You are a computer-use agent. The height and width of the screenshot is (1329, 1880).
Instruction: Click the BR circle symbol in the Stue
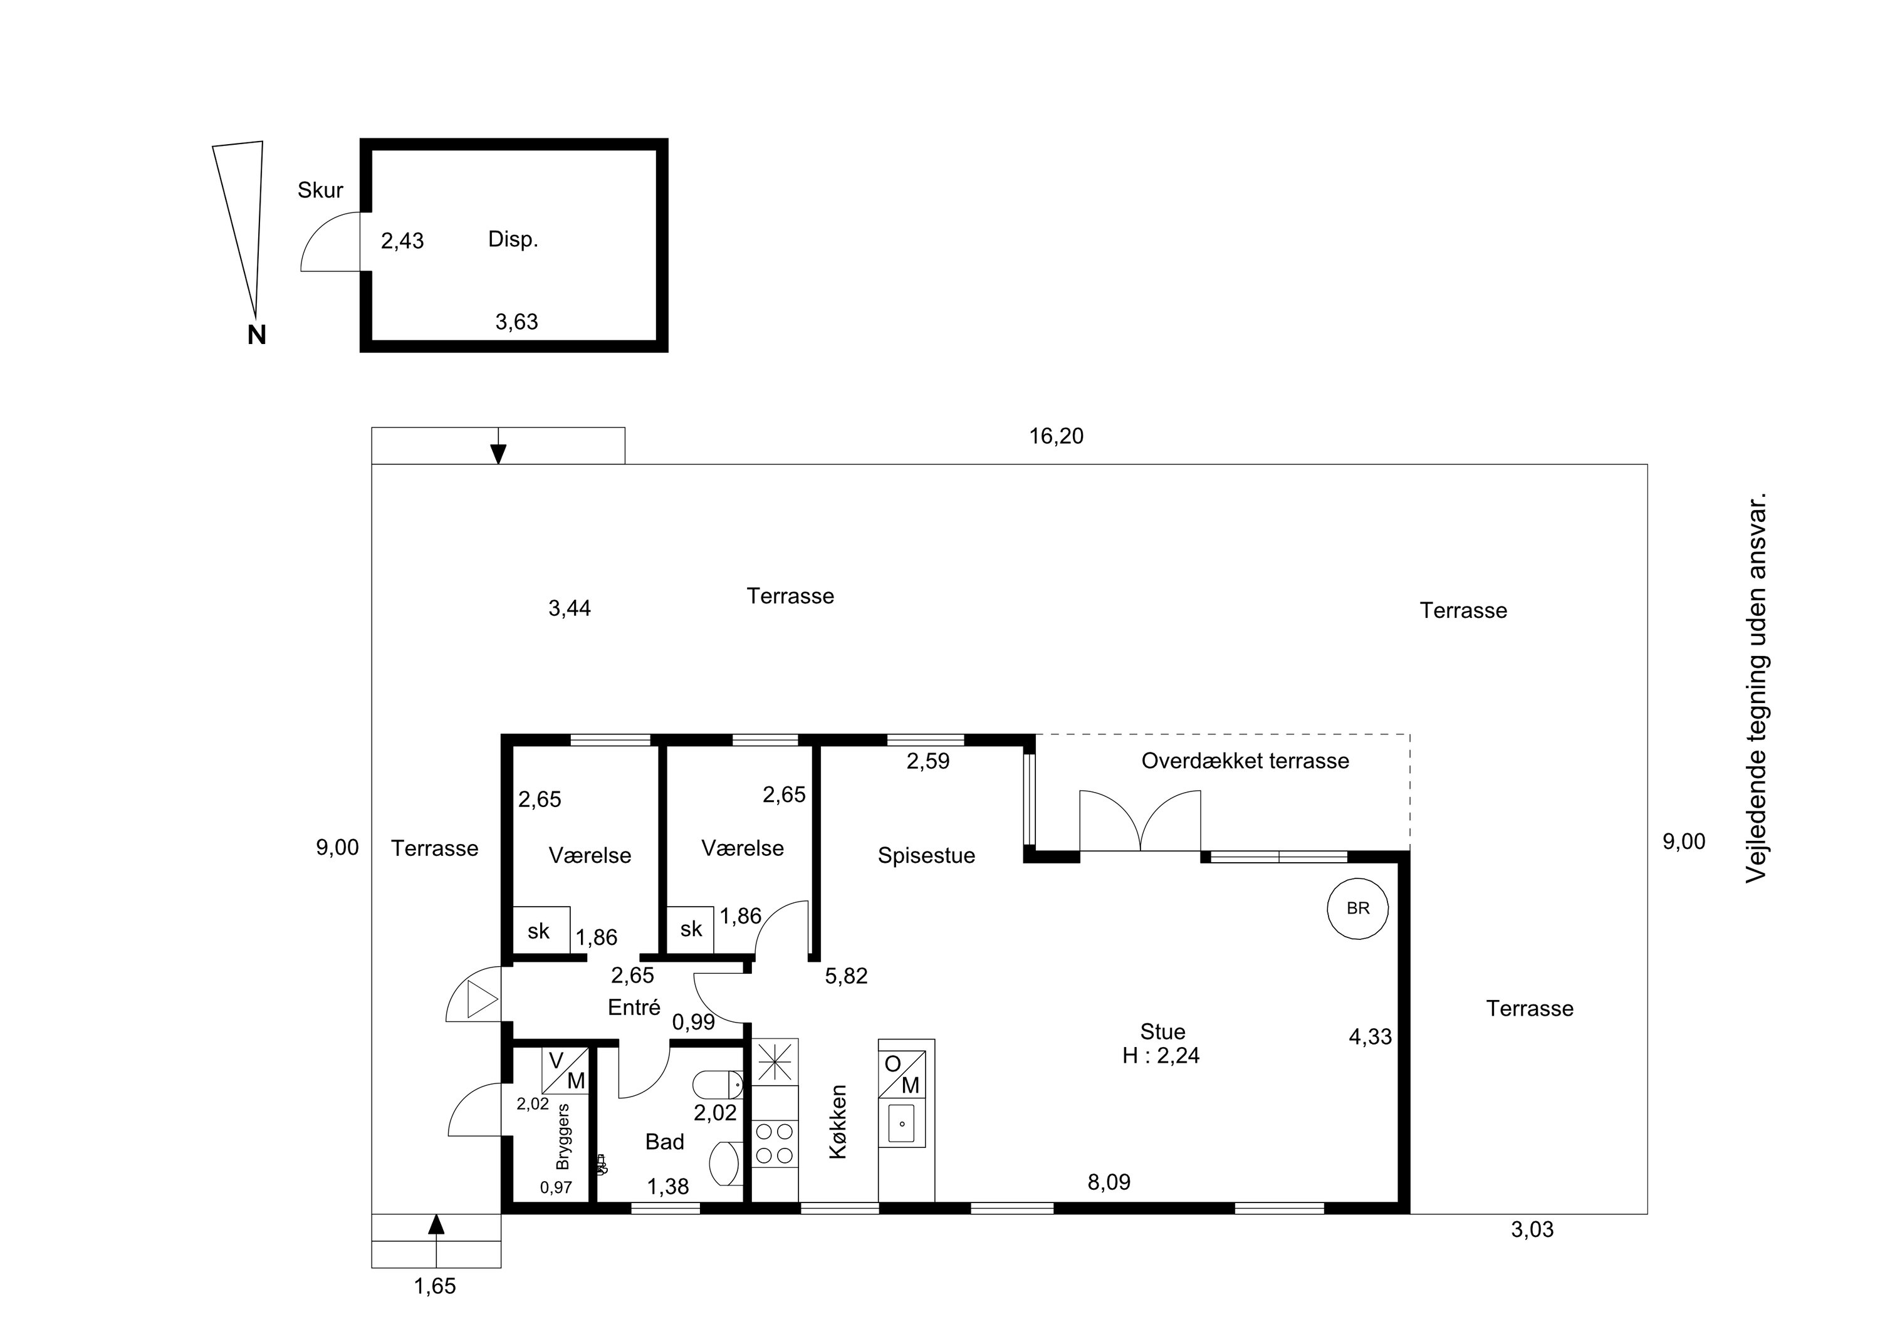click(1357, 908)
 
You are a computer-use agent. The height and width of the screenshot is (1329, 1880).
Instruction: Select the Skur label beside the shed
click(320, 190)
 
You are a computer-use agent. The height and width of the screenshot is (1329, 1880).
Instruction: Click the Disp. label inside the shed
click(513, 239)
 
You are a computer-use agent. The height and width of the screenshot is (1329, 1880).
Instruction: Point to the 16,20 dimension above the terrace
click(1057, 437)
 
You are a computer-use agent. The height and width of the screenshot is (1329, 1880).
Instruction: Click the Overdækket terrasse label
click(1245, 761)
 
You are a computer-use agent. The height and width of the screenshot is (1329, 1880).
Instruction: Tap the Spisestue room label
click(926, 857)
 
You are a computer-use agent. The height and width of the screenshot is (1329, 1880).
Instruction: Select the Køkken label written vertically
click(838, 1122)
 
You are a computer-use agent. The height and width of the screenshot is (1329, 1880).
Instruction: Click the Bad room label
click(664, 1142)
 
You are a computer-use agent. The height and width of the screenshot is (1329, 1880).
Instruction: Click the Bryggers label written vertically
click(563, 1137)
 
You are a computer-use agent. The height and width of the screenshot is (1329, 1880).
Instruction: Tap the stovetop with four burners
click(775, 1144)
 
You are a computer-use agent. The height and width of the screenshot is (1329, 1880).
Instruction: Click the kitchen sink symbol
click(902, 1123)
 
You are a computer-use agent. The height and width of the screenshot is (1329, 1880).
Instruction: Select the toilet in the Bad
click(718, 1085)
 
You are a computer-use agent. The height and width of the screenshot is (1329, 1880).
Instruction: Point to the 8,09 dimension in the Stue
click(1109, 1182)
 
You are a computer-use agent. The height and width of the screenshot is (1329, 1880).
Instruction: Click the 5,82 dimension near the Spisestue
click(846, 976)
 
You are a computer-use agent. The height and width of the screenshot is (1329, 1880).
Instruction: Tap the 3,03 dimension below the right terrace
click(1532, 1230)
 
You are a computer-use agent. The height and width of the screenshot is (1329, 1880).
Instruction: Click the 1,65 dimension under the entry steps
click(435, 1286)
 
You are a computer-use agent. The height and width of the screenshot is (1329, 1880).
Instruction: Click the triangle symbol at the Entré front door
click(481, 1000)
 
